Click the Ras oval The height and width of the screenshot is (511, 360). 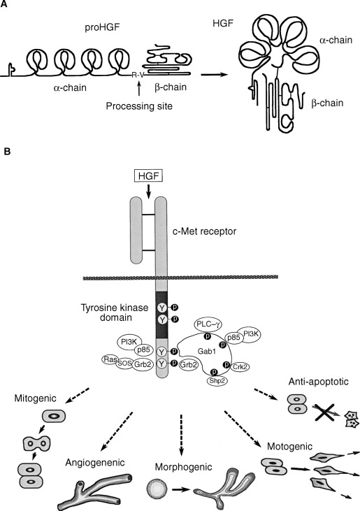pyautogui.click(x=109, y=359)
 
